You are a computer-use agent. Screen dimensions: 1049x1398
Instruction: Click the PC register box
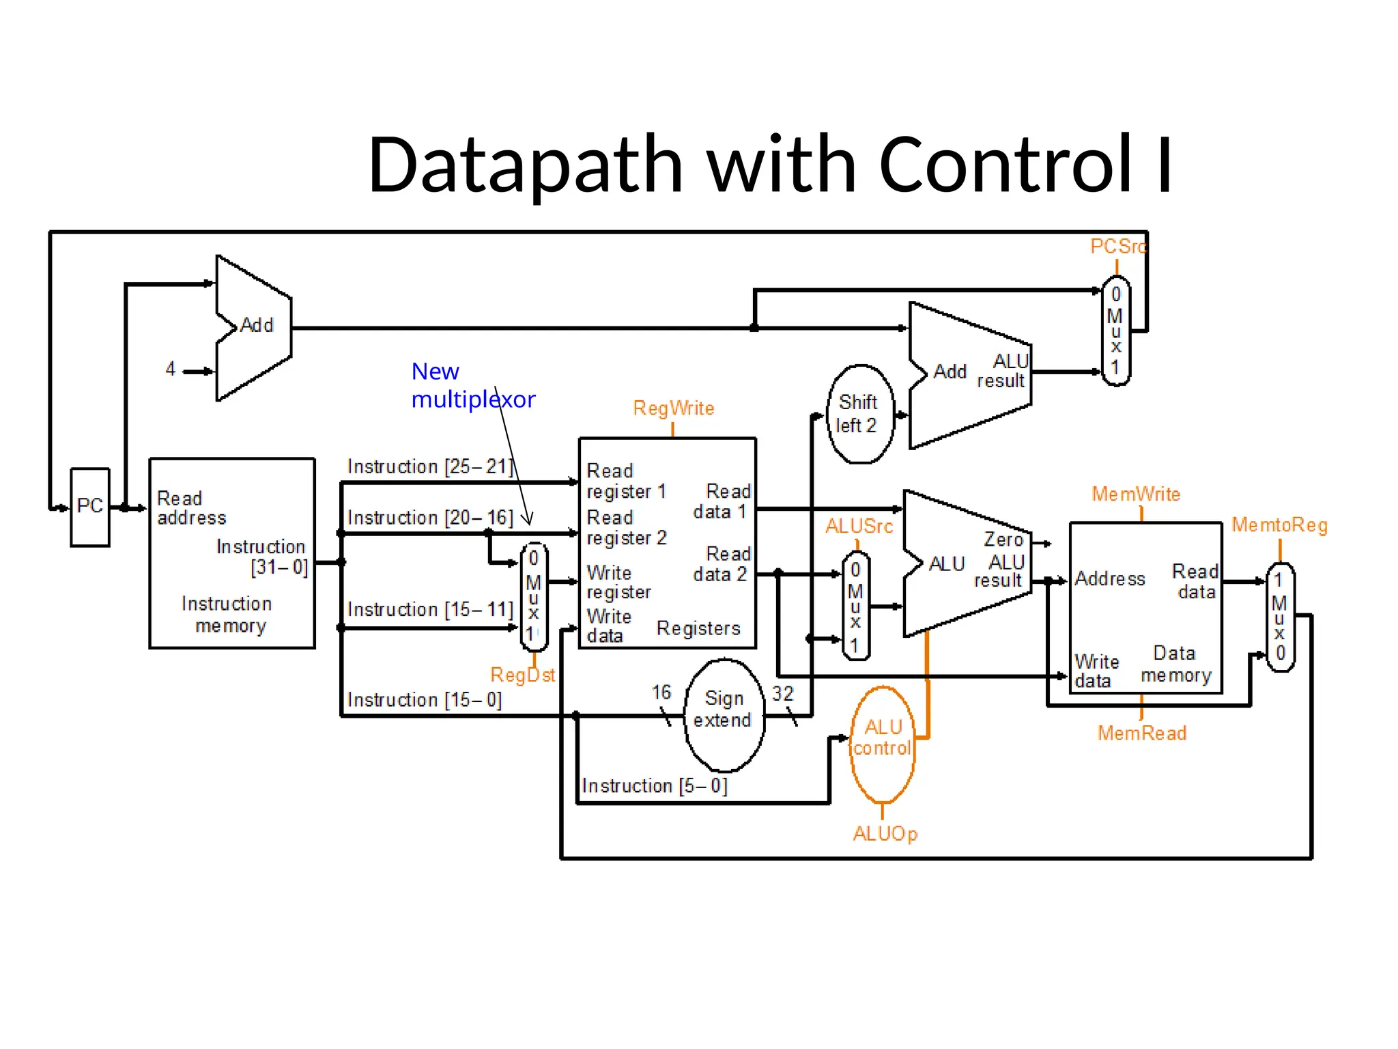90,507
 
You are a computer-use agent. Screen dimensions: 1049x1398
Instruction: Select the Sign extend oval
724,714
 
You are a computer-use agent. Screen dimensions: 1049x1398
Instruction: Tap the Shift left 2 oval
859,414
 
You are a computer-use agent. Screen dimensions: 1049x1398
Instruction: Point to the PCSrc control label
1117,247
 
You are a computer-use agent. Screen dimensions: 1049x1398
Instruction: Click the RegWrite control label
673,408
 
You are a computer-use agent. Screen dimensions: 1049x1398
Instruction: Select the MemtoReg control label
1279,525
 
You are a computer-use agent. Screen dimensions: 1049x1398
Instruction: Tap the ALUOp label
885,834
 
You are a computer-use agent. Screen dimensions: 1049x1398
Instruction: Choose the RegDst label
522,675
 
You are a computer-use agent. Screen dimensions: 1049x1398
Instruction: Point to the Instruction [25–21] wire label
429,466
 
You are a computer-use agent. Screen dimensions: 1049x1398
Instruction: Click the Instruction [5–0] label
654,786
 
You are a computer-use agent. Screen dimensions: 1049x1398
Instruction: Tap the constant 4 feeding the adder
171,369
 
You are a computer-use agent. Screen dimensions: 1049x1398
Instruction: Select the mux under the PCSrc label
1116,331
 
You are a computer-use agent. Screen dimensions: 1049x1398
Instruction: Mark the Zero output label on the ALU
1003,540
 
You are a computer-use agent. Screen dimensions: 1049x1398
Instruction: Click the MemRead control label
1141,733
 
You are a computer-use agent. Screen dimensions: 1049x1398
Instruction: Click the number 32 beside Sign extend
782,694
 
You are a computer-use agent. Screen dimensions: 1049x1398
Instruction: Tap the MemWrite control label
1136,494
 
